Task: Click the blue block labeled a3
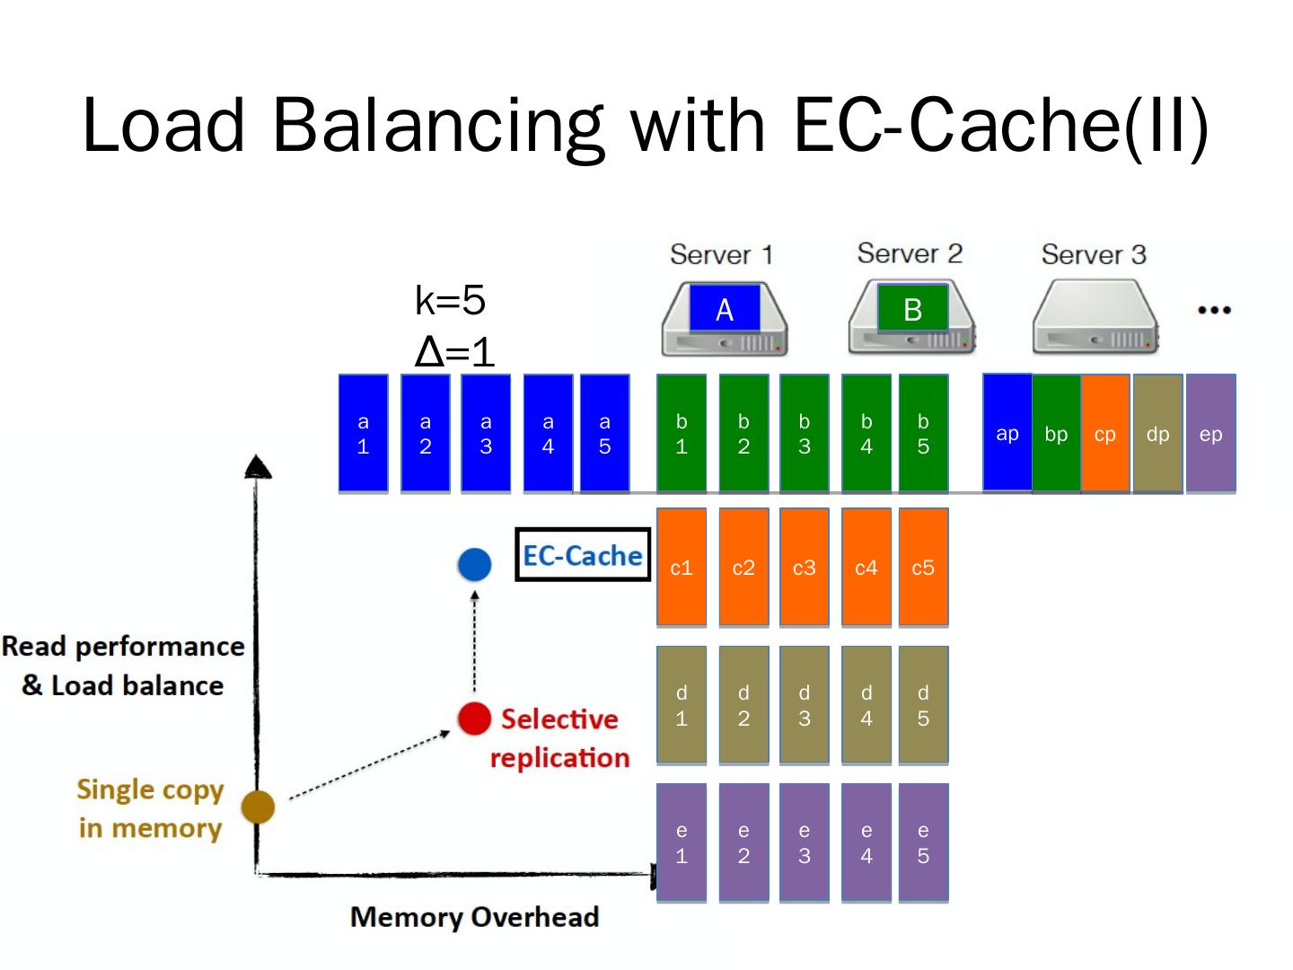click(486, 434)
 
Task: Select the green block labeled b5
click(923, 434)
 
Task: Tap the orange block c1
click(682, 567)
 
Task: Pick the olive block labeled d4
click(866, 705)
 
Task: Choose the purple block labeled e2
click(743, 842)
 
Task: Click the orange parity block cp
click(1104, 434)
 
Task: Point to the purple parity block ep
click(1210, 434)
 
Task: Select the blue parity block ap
click(1007, 433)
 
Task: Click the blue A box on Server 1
click(725, 309)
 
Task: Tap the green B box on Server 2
click(912, 309)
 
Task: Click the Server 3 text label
click(1094, 254)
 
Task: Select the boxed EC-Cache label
click(583, 555)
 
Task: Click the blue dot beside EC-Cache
click(474, 564)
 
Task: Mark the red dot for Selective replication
click(474, 719)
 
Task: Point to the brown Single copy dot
click(258, 807)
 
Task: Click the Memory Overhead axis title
click(474, 917)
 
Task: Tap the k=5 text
click(450, 300)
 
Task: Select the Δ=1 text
click(454, 351)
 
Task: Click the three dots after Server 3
click(1214, 310)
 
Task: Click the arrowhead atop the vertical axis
click(258, 466)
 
